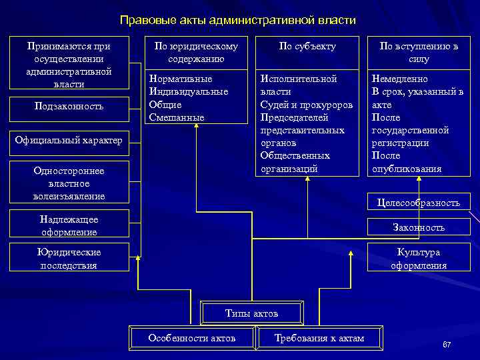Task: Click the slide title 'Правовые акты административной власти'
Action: coord(238,21)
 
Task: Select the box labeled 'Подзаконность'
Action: coord(69,107)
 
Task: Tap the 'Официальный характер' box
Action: coord(69,140)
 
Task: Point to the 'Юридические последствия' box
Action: coord(69,259)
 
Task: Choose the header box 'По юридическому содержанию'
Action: coord(196,52)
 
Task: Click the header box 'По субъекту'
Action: coord(307,47)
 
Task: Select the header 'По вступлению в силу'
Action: coord(419,52)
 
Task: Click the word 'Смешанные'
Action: coord(177,117)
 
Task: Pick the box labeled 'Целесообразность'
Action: coord(419,203)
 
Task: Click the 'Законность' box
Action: coord(419,227)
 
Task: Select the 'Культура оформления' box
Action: coord(419,259)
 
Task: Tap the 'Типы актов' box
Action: coord(252,313)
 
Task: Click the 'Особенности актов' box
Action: coord(192,338)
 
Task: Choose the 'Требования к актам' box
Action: coord(319,338)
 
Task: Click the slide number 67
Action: coord(447,345)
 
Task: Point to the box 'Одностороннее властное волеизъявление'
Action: coord(69,183)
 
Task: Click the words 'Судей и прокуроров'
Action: coord(306,105)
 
